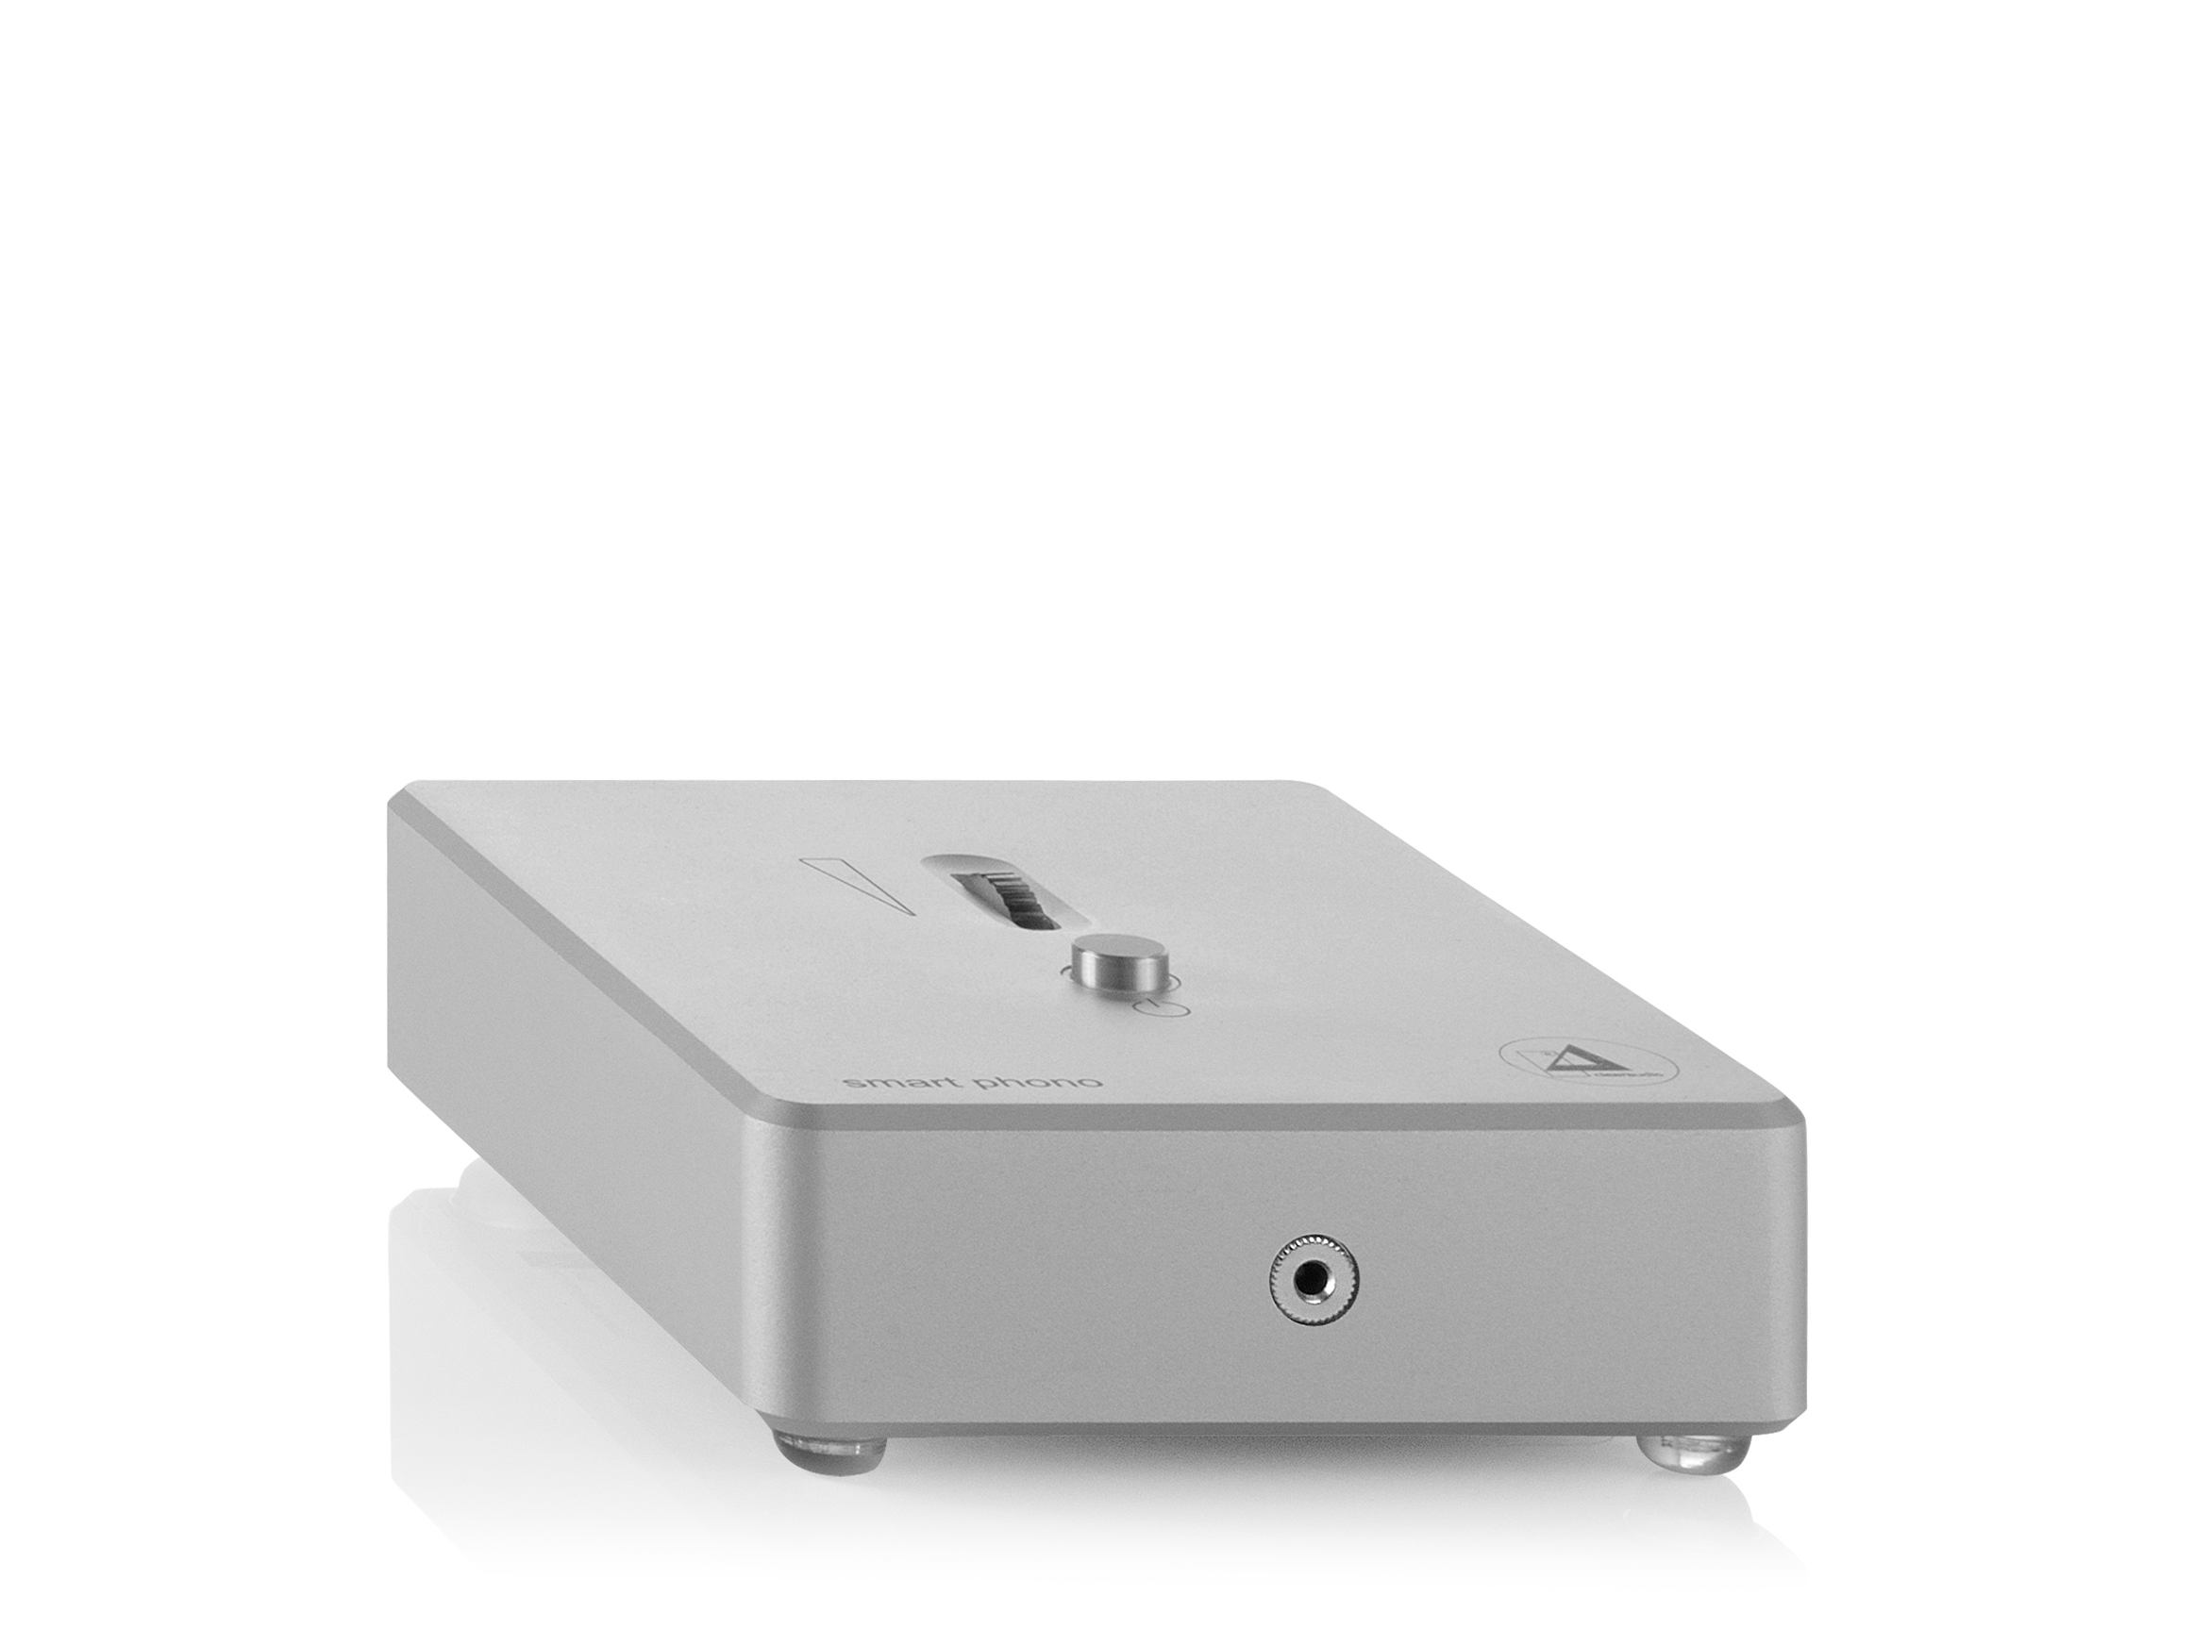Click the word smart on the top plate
click(x=879, y=1082)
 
